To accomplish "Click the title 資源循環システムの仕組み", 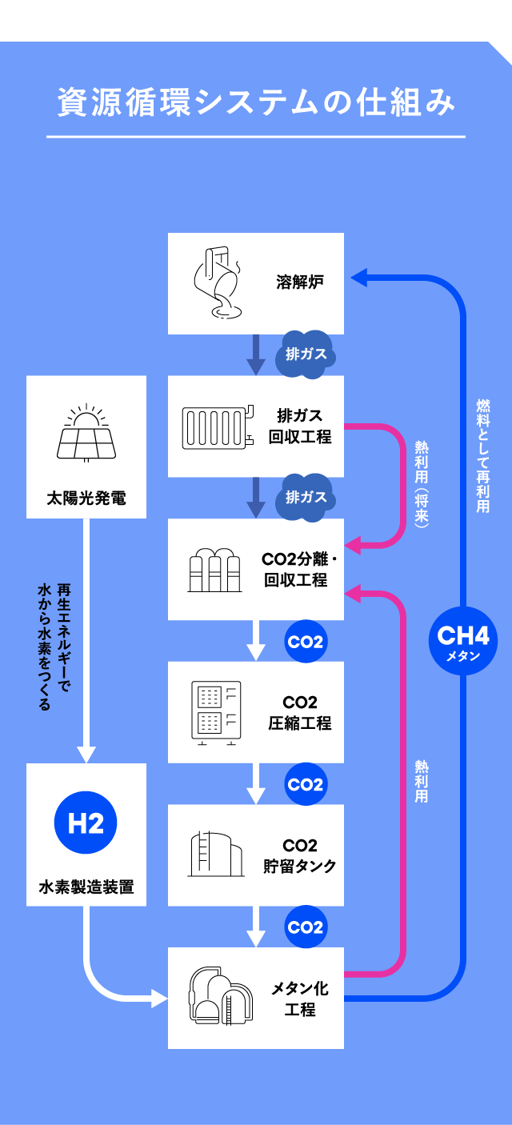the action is point(256,102).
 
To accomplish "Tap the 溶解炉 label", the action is point(300,282).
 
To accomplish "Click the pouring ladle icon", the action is point(218,282).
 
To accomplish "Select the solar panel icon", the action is point(86,432).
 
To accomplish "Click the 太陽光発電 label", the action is point(86,498).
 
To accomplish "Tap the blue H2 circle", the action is point(86,823).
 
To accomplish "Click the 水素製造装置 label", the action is point(86,887).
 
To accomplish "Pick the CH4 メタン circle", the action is point(463,641).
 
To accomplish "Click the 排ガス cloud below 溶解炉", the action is point(305,354).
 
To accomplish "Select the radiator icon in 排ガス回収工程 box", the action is point(218,427).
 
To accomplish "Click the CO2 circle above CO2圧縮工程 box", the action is point(306,642).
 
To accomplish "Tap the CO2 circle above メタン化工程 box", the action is point(306,927).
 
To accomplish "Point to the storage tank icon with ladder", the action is point(216,854).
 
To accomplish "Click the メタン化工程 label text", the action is point(300,999).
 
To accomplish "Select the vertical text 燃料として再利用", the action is point(483,456).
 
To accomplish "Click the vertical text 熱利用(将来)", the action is point(422,484).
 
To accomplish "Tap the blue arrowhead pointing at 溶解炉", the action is point(359,277).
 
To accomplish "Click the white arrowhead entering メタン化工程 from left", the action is point(160,998).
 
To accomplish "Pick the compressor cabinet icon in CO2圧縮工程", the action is point(216,713).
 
